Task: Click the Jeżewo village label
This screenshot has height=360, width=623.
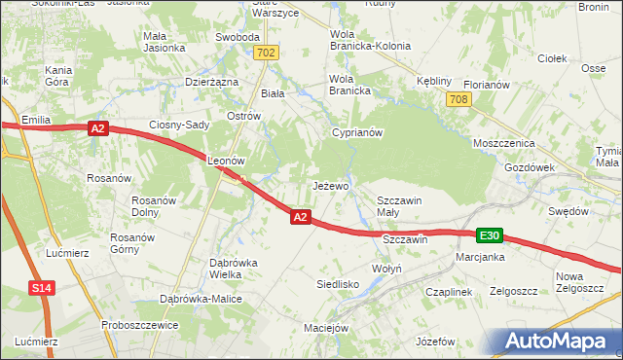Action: [x=330, y=185]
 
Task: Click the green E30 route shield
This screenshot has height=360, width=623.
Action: [x=490, y=235]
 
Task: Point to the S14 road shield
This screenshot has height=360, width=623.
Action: [x=41, y=289]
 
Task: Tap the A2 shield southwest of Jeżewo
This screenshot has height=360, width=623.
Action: [x=301, y=218]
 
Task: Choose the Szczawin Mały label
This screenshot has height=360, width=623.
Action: [x=400, y=206]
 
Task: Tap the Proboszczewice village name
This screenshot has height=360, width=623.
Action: [x=136, y=325]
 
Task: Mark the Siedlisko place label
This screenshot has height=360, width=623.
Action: [x=338, y=284]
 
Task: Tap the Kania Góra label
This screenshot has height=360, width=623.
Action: [x=60, y=77]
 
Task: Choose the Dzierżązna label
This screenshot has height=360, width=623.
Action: [x=212, y=83]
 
